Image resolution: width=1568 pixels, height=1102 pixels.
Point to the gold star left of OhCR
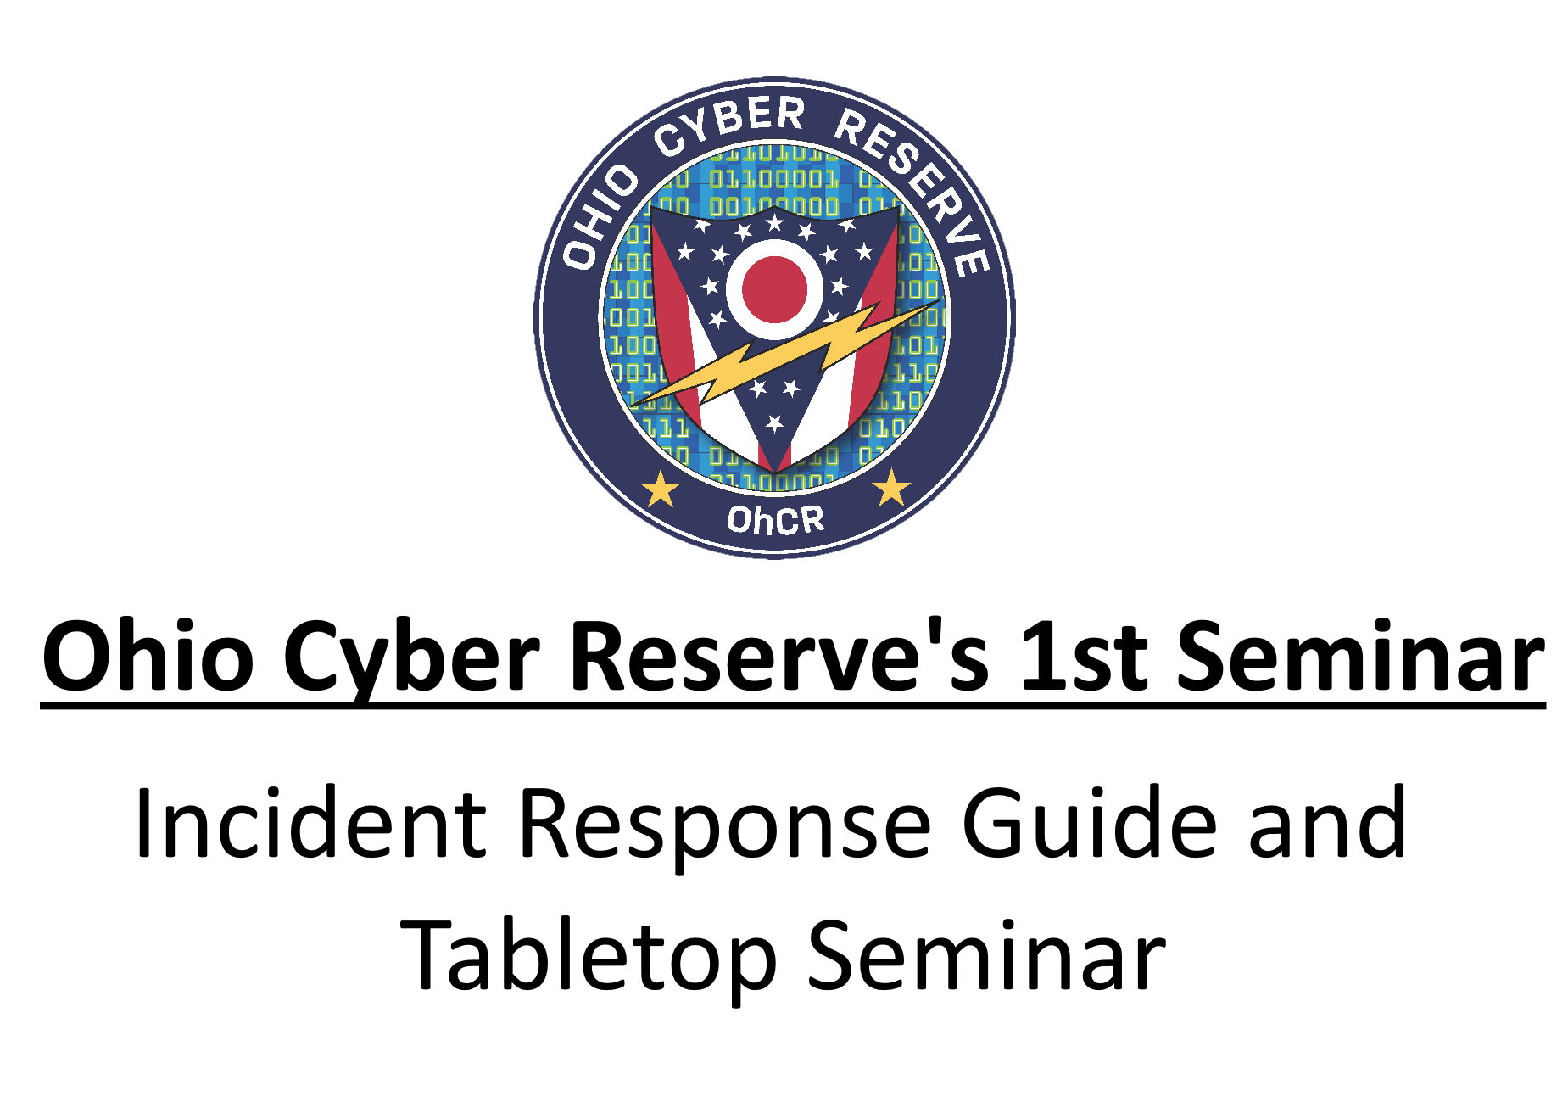[661, 489]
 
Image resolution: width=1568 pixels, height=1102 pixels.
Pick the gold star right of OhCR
[891, 487]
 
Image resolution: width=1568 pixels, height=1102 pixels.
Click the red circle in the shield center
[774, 288]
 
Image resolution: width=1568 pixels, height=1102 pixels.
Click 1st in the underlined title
[1083, 657]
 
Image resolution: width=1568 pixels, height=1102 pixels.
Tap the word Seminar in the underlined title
[1362, 655]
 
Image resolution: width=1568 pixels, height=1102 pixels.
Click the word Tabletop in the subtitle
[588, 960]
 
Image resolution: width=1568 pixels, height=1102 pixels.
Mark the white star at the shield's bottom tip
[774, 422]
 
